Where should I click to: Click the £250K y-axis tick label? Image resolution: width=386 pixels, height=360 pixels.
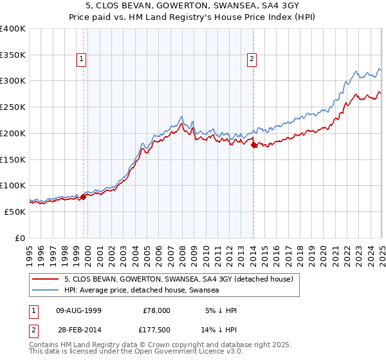13,107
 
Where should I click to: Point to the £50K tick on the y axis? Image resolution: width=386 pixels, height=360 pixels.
15,212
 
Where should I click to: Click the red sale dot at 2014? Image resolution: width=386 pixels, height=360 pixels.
254,145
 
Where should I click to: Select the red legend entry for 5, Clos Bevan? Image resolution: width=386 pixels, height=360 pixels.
178,279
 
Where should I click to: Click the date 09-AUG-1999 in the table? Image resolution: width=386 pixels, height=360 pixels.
78,310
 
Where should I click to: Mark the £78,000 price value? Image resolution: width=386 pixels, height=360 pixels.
156,310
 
